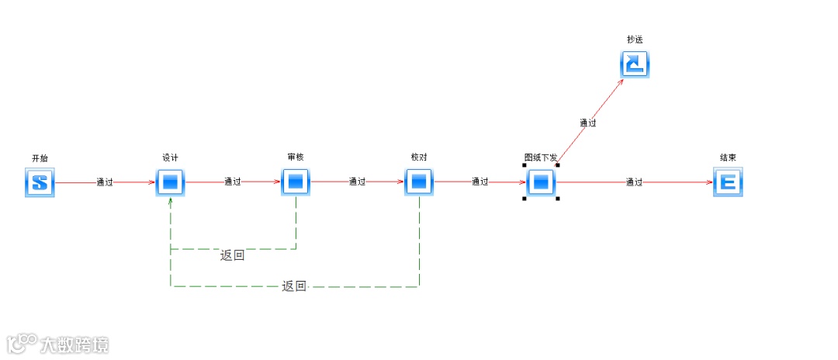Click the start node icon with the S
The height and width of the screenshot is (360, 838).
tap(40, 183)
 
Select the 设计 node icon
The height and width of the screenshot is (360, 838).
tap(171, 183)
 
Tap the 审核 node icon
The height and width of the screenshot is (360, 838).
tap(296, 183)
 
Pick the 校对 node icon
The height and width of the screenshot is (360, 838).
tap(419, 183)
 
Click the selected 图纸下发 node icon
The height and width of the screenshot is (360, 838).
tap(542, 183)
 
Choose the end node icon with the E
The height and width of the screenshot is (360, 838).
tap(728, 183)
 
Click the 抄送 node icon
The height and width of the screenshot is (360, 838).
tap(635, 64)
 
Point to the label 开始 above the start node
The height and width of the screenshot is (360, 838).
tap(40, 158)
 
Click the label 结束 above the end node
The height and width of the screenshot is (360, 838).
tap(728, 157)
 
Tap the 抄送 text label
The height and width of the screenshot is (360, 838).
tap(635, 40)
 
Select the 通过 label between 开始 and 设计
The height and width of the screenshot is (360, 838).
tap(105, 183)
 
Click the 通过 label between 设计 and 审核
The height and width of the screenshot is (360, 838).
tap(233, 182)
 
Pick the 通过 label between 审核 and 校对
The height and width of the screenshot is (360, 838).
tap(357, 182)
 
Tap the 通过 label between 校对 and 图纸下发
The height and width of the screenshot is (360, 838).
tap(480, 182)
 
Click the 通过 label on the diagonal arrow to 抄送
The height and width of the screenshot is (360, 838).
tap(588, 123)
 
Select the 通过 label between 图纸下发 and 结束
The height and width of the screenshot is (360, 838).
tap(635, 182)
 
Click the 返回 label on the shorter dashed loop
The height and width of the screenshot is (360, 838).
tap(232, 255)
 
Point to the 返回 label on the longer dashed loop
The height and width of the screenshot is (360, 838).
tap(294, 286)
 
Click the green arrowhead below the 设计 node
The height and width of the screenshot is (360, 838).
tap(171, 201)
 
